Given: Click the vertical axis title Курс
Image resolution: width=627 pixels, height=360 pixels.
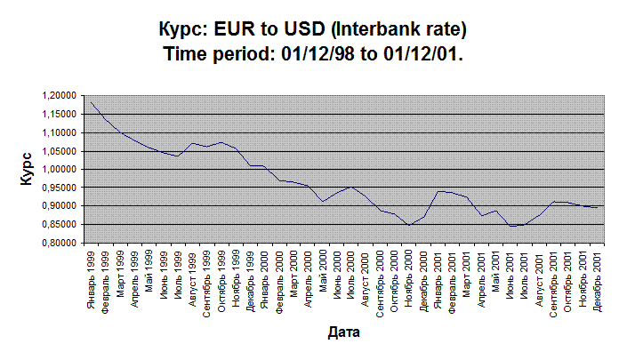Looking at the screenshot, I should coord(28,168).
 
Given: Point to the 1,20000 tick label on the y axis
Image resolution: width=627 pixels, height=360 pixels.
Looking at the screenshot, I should coord(57,96).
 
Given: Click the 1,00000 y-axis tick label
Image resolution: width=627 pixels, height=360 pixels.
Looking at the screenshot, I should coord(57,169).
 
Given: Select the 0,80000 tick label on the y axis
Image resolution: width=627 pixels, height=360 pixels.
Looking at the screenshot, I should coord(57,243).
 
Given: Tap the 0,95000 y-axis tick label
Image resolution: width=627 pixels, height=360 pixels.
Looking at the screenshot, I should coord(57,188).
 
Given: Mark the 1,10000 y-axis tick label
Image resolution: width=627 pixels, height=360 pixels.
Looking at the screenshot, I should coord(57,132).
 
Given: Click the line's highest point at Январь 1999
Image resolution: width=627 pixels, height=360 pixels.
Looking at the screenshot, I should coord(91,101).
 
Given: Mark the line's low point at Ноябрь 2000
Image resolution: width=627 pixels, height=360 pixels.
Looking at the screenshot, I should coord(409,226).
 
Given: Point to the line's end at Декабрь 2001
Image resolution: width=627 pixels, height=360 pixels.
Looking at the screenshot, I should coord(596,207).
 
